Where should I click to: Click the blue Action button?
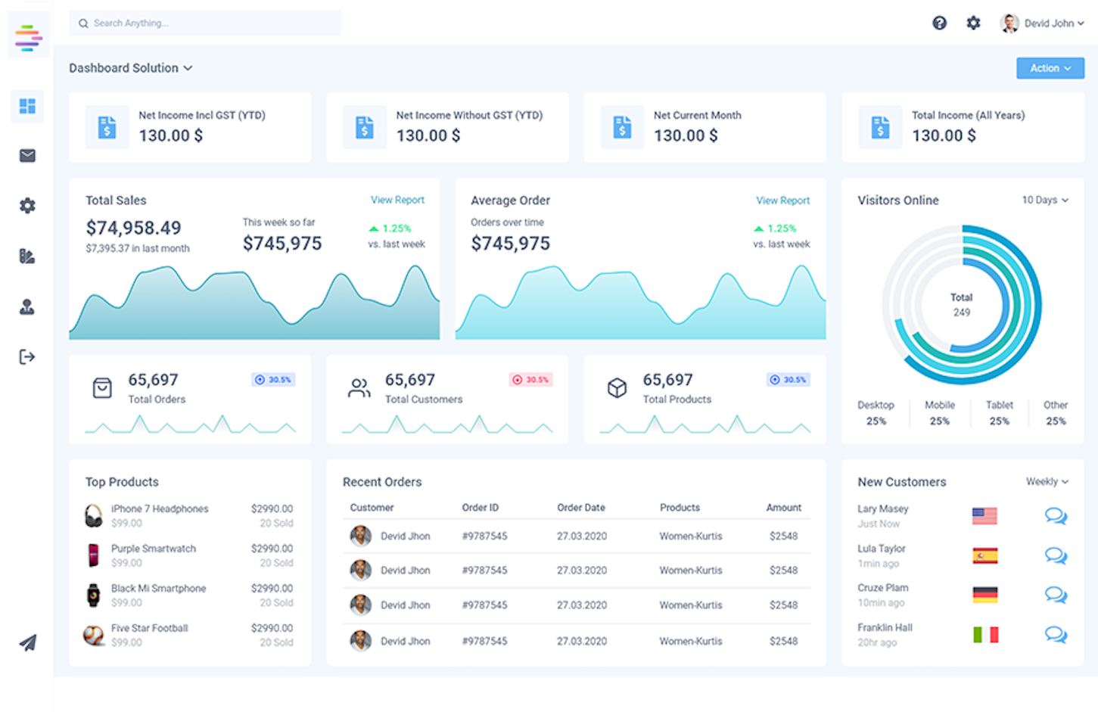[x=1050, y=68]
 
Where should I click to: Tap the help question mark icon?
[x=939, y=23]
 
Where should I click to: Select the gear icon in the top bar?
[x=973, y=23]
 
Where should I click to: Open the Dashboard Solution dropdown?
[x=130, y=68]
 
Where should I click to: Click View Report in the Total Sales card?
[x=397, y=201]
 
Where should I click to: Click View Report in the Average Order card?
[x=782, y=201]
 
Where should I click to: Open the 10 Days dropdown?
[x=1044, y=201]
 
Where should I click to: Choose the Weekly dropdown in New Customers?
[x=1047, y=482]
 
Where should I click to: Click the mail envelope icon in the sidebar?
[x=27, y=156]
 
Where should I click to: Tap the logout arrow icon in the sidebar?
[x=27, y=357]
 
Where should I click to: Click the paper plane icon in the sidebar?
[x=27, y=643]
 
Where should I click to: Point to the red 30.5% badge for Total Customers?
[x=530, y=380]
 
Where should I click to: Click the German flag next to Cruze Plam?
[x=984, y=595]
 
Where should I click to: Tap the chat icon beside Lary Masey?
[x=1056, y=517]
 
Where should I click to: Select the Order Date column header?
[x=580, y=508]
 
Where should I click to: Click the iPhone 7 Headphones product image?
[x=94, y=516]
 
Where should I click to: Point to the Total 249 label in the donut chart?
[x=961, y=305]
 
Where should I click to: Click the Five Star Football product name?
[x=149, y=628]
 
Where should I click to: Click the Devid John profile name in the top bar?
[x=1049, y=23]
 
